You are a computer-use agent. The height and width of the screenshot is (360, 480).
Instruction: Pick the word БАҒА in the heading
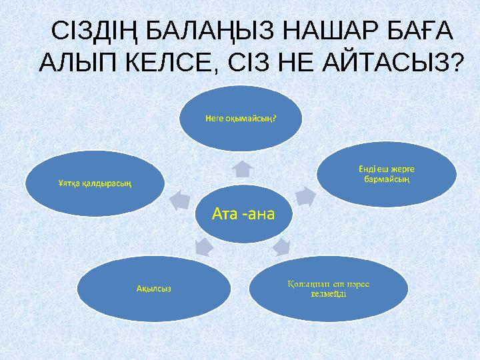419,31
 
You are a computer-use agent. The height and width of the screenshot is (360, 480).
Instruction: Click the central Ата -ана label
243,213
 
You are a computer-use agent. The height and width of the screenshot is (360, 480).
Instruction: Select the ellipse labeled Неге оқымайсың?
241,118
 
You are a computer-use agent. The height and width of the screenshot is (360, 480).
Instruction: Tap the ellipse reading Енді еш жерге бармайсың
387,173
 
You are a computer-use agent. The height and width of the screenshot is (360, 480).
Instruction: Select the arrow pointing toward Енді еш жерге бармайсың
304,196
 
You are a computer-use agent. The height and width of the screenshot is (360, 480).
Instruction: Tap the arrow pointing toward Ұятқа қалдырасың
179,197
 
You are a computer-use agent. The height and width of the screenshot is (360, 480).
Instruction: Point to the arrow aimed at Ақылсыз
203,246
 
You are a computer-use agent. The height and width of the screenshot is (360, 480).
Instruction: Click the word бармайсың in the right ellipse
387,178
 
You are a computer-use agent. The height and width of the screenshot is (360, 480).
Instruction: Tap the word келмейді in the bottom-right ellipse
327,295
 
